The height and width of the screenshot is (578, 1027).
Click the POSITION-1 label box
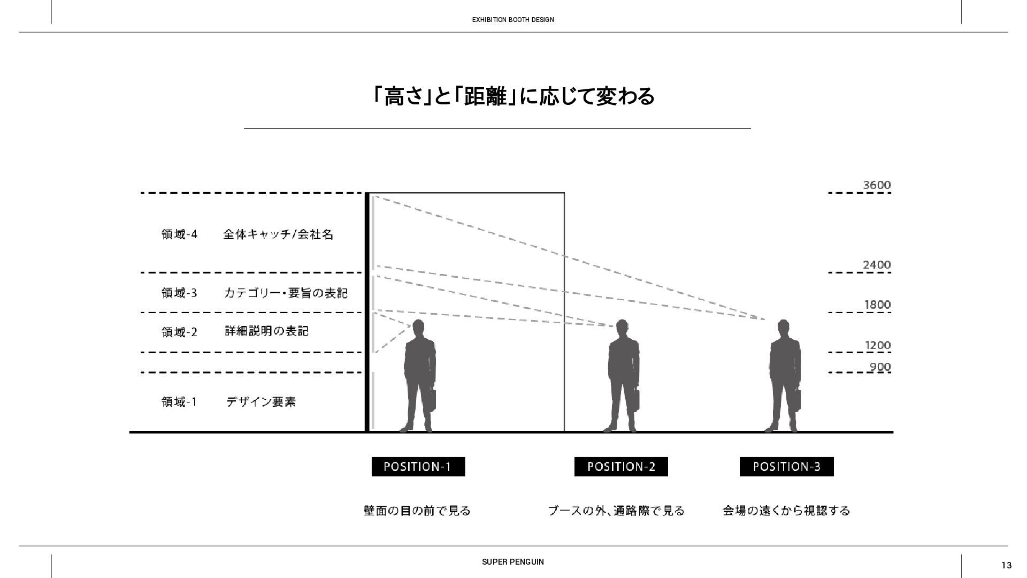tap(418, 467)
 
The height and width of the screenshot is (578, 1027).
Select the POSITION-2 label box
tap(621, 467)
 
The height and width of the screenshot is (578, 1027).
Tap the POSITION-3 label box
tap(786, 467)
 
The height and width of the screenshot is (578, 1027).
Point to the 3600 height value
tap(877, 185)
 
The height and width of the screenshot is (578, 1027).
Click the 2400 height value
tap(877, 265)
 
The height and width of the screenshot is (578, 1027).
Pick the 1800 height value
tap(878, 305)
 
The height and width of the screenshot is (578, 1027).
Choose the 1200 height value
tap(878, 345)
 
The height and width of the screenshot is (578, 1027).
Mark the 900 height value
tap(880, 367)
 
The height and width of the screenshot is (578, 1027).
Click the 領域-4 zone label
tap(179, 234)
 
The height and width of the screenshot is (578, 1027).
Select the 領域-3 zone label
tap(179, 293)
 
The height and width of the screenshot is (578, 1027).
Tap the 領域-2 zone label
tap(179, 332)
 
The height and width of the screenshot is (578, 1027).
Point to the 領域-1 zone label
tap(179, 402)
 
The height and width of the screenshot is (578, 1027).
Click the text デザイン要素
tap(261, 402)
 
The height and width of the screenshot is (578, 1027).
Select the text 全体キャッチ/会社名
tap(278, 234)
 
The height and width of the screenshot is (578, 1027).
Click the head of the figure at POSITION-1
tap(418, 328)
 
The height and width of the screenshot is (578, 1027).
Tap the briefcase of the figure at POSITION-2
tap(636, 399)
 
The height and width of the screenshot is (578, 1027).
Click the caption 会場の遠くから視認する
tap(786, 511)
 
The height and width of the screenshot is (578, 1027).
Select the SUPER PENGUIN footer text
tap(513, 562)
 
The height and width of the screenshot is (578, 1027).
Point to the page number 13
tap(1006, 565)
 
